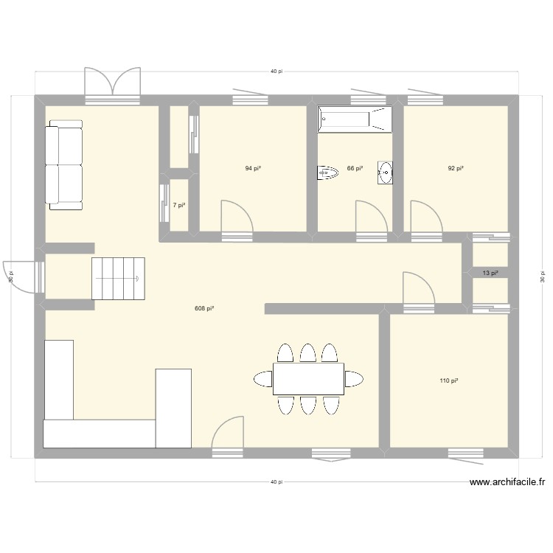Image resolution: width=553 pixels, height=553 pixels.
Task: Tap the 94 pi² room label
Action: [x=253, y=168]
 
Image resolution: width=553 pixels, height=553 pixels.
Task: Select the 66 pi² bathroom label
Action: [x=355, y=168]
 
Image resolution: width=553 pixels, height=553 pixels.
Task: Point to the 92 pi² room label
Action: [x=456, y=168]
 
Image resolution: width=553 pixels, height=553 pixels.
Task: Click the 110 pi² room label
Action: [x=449, y=380]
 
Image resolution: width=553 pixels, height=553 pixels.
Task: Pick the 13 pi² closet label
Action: [x=490, y=273]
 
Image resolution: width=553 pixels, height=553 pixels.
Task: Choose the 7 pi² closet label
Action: [x=178, y=206]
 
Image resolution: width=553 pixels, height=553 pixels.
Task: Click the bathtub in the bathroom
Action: [x=355, y=120]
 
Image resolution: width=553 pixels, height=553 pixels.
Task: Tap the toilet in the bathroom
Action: [x=327, y=173]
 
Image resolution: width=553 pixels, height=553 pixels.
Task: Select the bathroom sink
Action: [x=386, y=173]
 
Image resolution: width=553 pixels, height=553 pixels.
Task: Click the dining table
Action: [x=308, y=379]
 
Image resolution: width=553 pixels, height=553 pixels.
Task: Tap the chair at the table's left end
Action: [x=263, y=379]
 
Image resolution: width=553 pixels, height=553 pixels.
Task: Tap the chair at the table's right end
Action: [x=354, y=379]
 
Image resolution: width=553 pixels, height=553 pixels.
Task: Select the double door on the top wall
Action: [x=112, y=83]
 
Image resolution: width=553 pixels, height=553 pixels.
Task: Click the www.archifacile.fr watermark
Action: [x=507, y=483]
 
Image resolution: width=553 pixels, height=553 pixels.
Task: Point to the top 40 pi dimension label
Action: [x=276, y=72]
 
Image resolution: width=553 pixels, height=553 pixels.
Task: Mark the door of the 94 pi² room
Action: [x=237, y=218]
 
